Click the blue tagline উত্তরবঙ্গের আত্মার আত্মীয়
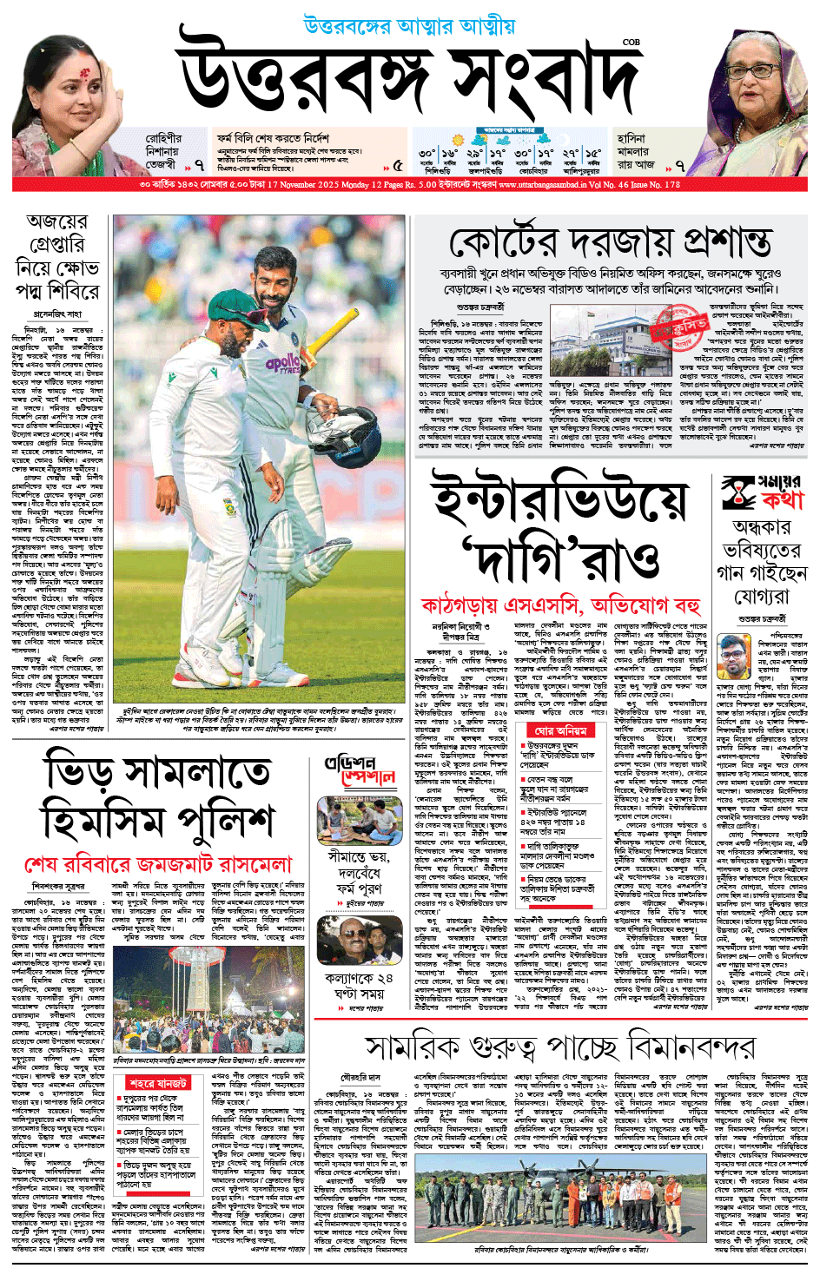tap(409, 26)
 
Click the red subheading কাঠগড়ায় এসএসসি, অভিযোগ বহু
tap(560, 604)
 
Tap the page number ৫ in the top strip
tap(397, 164)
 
